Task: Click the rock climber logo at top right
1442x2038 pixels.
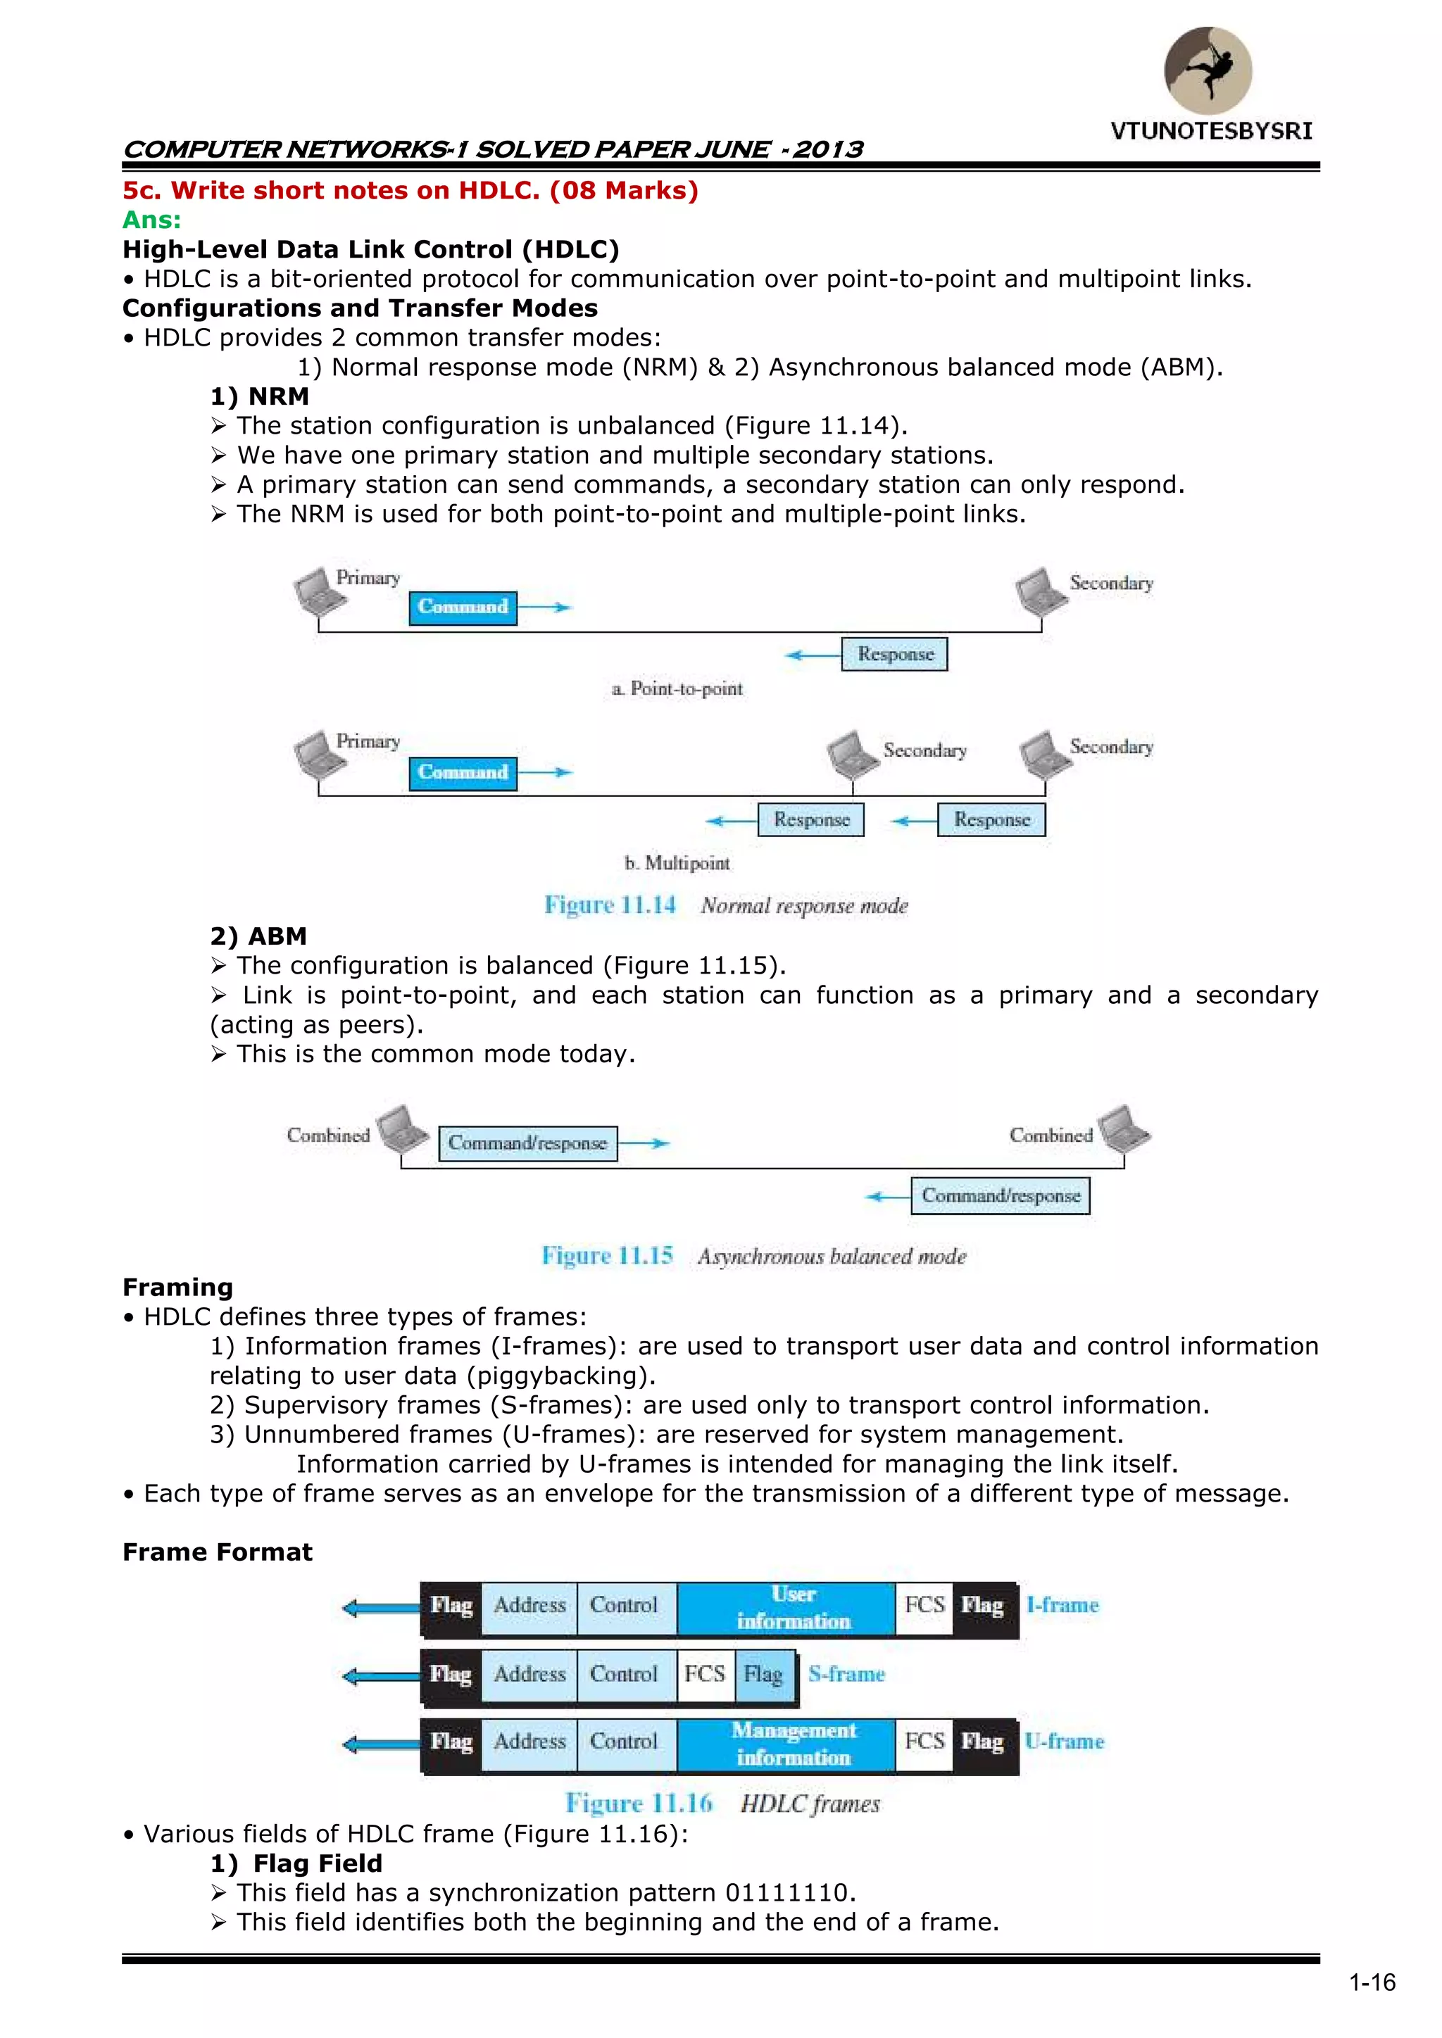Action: [1208, 70]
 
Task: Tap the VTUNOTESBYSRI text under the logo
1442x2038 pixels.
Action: [1211, 132]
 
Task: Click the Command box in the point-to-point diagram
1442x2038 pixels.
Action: [463, 607]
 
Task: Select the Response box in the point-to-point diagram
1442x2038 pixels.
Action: [894, 654]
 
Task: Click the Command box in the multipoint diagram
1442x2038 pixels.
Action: [463, 772]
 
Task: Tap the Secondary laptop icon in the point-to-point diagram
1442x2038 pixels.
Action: [1040, 590]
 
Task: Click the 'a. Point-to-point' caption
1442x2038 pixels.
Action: [677, 688]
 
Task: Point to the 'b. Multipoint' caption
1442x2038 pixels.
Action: [677, 863]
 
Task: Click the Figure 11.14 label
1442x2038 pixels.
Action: [610, 905]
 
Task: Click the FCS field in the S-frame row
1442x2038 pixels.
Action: [705, 1674]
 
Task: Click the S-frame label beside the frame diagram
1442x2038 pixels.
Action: [846, 1674]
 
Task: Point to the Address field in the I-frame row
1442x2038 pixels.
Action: [529, 1606]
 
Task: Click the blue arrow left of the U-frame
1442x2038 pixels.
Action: [380, 1744]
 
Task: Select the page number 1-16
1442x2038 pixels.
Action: [1372, 1983]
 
